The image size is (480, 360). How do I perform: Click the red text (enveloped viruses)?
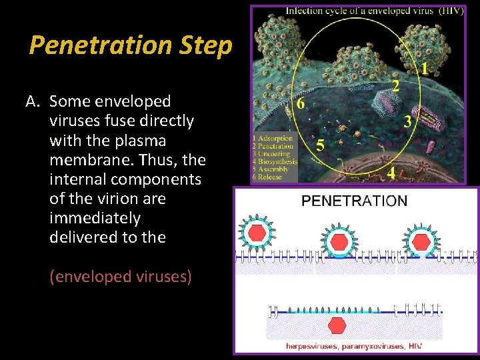click(121, 276)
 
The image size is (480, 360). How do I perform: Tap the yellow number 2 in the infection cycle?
click(396, 87)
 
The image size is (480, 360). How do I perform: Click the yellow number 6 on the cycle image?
click(301, 104)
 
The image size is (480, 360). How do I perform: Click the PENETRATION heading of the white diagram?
click(354, 200)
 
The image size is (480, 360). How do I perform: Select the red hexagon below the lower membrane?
click(337, 325)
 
